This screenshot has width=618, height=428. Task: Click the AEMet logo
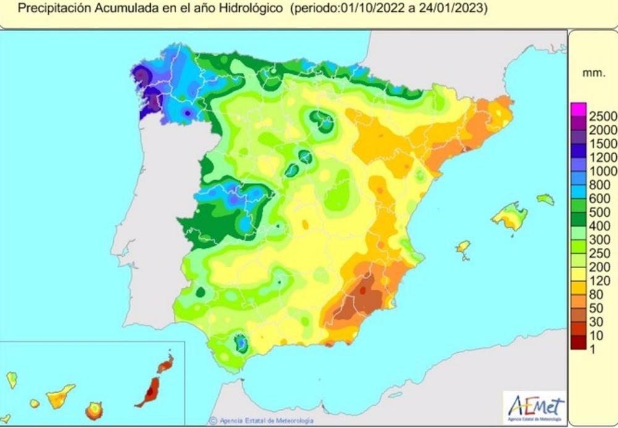pyautogui.click(x=535, y=408)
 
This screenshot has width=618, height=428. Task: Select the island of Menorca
pyautogui.click(x=545, y=199)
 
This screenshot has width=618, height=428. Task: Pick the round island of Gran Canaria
pyautogui.click(x=94, y=410)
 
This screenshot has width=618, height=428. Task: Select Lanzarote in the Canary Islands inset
pyautogui.click(x=165, y=364)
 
